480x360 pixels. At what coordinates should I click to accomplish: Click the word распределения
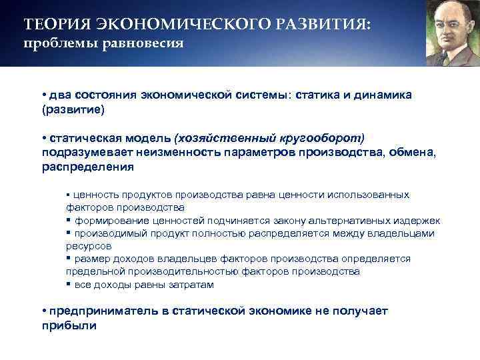click(87, 167)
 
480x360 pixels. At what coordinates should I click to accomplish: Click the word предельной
click(93, 271)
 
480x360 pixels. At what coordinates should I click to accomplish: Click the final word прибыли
click(69, 326)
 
